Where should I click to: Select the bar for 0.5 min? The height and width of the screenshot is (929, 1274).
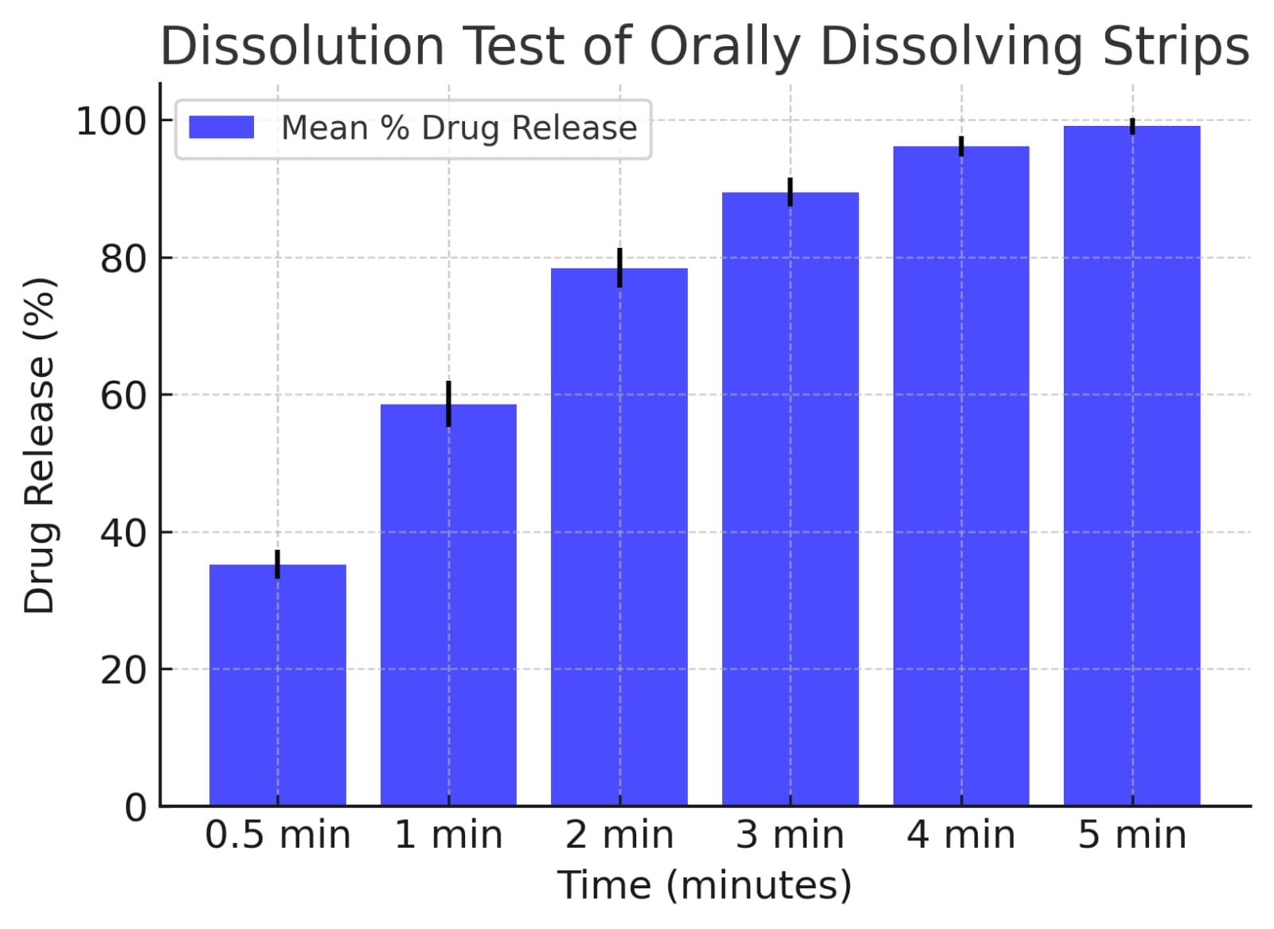tap(277, 685)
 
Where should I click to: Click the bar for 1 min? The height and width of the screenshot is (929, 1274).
tap(448, 606)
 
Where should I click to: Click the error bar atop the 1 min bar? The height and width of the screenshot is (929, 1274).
tap(448, 403)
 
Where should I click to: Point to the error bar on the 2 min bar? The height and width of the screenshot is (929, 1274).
tap(619, 267)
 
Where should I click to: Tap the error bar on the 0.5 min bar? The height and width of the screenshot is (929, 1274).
tap(277, 563)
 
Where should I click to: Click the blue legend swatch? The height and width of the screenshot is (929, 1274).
tap(221, 127)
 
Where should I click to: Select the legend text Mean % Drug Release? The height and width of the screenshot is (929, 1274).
tap(459, 128)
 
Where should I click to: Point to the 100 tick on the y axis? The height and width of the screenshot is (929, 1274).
tap(111, 122)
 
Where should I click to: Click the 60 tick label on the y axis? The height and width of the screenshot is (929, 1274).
tap(123, 396)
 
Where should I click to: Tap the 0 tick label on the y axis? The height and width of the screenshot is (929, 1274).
tap(136, 807)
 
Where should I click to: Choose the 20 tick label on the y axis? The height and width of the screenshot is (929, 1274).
tap(123, 671)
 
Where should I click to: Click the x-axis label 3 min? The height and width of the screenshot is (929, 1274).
tap(790, 835)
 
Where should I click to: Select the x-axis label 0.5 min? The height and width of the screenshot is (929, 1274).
tap(277, 835)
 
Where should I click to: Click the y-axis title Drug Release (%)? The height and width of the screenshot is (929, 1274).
tap(39, 445)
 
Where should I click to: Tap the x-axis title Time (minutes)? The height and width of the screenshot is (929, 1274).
tap(704, 885)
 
